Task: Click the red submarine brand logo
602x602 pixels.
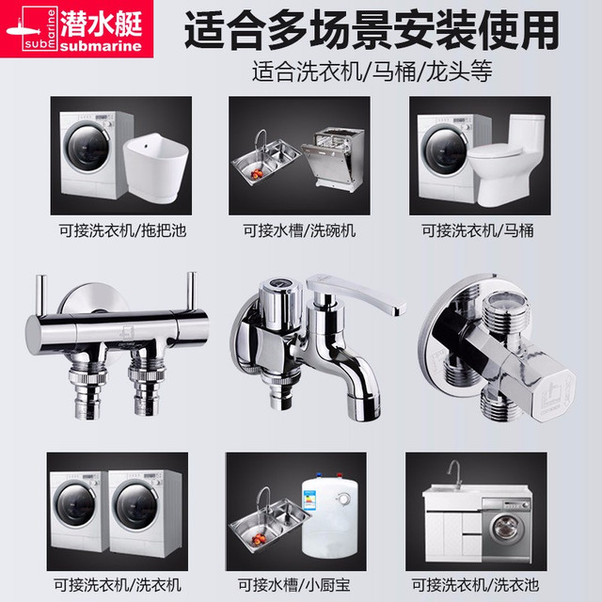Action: click(x=76, y=29)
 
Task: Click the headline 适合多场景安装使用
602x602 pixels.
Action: click(x=372, y=30)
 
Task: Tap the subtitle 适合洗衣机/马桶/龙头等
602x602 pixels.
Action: click(x=372, y=71)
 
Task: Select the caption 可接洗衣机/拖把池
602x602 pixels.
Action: click(x=122, y=230)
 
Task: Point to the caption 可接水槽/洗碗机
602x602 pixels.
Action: click(x=299, y=230)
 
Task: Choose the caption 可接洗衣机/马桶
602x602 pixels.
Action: click(x=478, y=230)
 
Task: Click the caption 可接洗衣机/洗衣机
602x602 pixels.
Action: click(x=118, y=585)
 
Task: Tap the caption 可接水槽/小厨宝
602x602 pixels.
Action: click(x=294, y=585)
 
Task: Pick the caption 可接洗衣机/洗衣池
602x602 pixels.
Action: click(x=475, y=585)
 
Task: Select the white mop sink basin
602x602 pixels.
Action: click(x=156, y=167)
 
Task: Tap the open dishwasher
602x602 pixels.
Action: click(x=333, y=157)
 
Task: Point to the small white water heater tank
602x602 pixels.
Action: click(x=330, y=516)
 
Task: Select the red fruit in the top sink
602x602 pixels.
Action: click(x=257, y=175)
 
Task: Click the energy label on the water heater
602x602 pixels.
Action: click(x=309, y=499)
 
